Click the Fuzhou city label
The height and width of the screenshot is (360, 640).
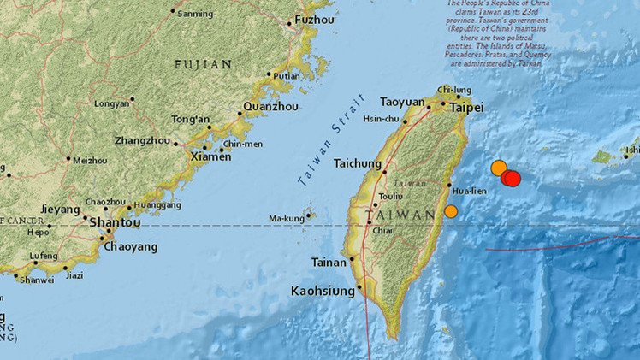point(314,19)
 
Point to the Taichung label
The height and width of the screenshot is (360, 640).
point(357,163)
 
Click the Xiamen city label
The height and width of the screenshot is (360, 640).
point(210,157)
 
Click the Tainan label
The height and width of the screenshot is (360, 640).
point(329,263)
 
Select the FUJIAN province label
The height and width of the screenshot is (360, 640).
point(203,64)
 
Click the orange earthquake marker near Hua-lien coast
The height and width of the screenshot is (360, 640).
point(451,211)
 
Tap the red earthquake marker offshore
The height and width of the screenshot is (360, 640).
point(511,178)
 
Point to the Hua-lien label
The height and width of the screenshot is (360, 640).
point(471,191)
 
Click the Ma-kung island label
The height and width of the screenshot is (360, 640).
point(287,218)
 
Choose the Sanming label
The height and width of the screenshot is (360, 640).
point(196,13)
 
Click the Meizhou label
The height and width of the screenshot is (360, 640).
point(90,160)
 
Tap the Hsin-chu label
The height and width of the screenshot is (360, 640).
point(382,121)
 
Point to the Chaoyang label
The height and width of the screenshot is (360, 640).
point(130,247)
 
